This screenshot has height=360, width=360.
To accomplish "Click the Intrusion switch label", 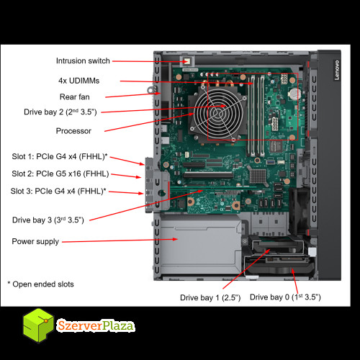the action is pos(83,60).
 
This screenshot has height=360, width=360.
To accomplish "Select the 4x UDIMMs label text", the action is pos(78,81).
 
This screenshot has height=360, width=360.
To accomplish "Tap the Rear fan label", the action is pos(75,96).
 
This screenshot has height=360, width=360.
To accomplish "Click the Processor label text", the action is pos(73,131).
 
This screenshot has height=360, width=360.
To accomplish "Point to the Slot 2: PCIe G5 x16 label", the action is pos(60,174).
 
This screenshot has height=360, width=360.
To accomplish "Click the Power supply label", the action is pos(35,241).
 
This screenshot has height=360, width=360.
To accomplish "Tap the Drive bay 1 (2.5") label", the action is pos(210,297).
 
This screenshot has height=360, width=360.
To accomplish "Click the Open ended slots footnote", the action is pos(40,284).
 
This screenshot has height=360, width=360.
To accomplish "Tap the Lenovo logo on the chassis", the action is pos(337,70).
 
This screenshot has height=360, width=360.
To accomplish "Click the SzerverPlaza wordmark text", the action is pos(95,325).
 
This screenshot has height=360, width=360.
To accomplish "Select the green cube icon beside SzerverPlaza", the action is pos(38,325).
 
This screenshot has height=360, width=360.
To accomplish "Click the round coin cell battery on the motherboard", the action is pos(294,94).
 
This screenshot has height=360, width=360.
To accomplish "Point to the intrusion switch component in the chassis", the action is pos(187,61).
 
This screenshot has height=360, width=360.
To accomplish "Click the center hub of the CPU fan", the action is pos(218,112).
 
